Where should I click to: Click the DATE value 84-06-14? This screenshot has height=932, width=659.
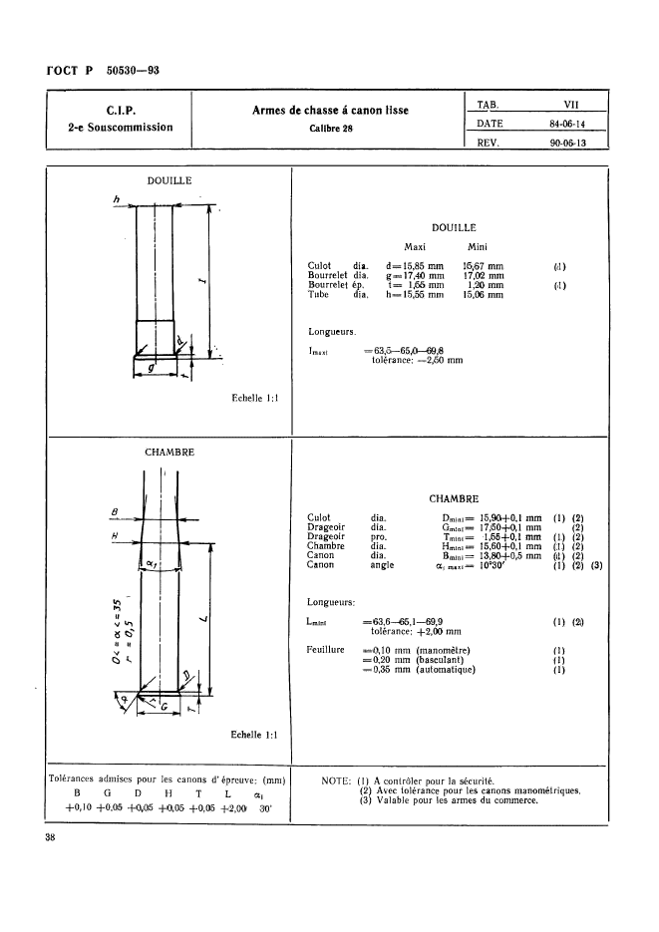[x=567, y=125]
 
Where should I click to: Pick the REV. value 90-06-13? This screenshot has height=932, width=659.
[x=567, y=143]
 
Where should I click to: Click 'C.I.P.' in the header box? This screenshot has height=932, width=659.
[x=121, y=110]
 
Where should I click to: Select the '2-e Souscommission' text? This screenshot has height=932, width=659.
[x=121, y=128]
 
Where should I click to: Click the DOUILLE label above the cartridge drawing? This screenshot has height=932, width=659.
[x=169, y=180]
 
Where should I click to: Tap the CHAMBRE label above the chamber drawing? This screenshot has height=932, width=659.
[x=169, y=452]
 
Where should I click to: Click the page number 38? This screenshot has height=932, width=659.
[x=50, y=839]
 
